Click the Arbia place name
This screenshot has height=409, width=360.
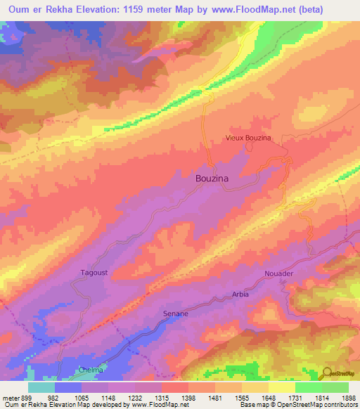coord(240,294)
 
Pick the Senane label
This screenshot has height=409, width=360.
coord(176,313)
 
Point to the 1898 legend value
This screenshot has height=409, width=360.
coord(349,397)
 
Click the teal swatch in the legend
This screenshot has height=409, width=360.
coord(41,387)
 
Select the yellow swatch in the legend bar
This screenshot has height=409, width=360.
coord(282,387)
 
